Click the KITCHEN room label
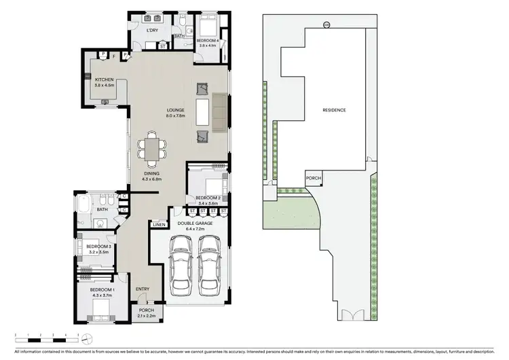pyautogui.click(x=104, y=79)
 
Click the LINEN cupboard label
pyautogui.click(x=158, y=223)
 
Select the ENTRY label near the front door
pyautogui.click(x=143, y=289)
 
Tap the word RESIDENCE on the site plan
pyautogui.click(x=334, y=110)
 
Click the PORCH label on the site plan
pyautogui.click(x=314, y=178)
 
